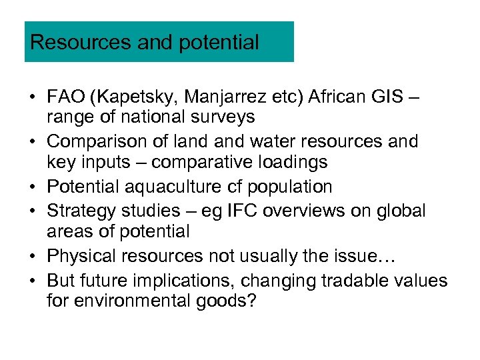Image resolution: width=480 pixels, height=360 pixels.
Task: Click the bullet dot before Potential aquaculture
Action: tap(32, 187)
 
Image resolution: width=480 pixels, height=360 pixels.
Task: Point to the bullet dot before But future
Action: tap(32, 281)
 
